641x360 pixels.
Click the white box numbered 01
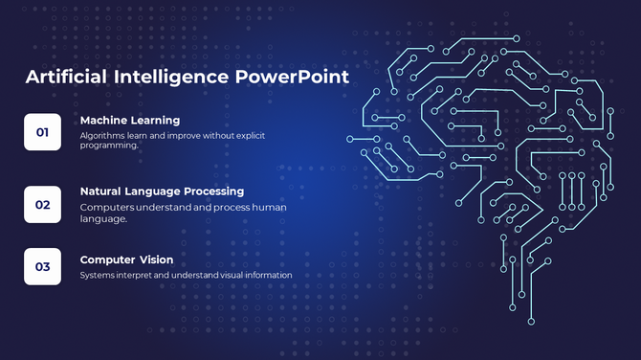coord(42,132)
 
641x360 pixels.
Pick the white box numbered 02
coord(42,204)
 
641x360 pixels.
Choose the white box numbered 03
coord(42,266)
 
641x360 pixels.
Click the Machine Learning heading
coord(130,120)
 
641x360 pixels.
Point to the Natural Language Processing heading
coord(162,191)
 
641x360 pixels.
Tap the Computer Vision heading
coord(127,259)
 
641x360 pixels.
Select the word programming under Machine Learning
coord(109,146)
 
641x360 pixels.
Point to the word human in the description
coord(268,207)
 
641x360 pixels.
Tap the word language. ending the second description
coord(102,219)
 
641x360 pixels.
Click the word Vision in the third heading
coord(157,259)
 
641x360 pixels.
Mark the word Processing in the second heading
coord(212,191)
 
